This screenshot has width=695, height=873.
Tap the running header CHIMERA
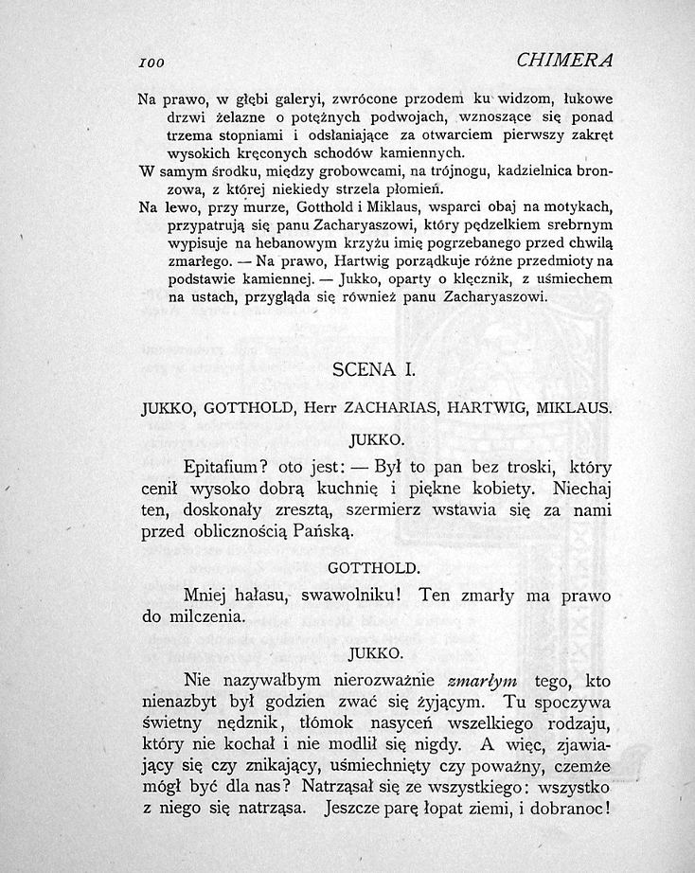pos(565,61)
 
